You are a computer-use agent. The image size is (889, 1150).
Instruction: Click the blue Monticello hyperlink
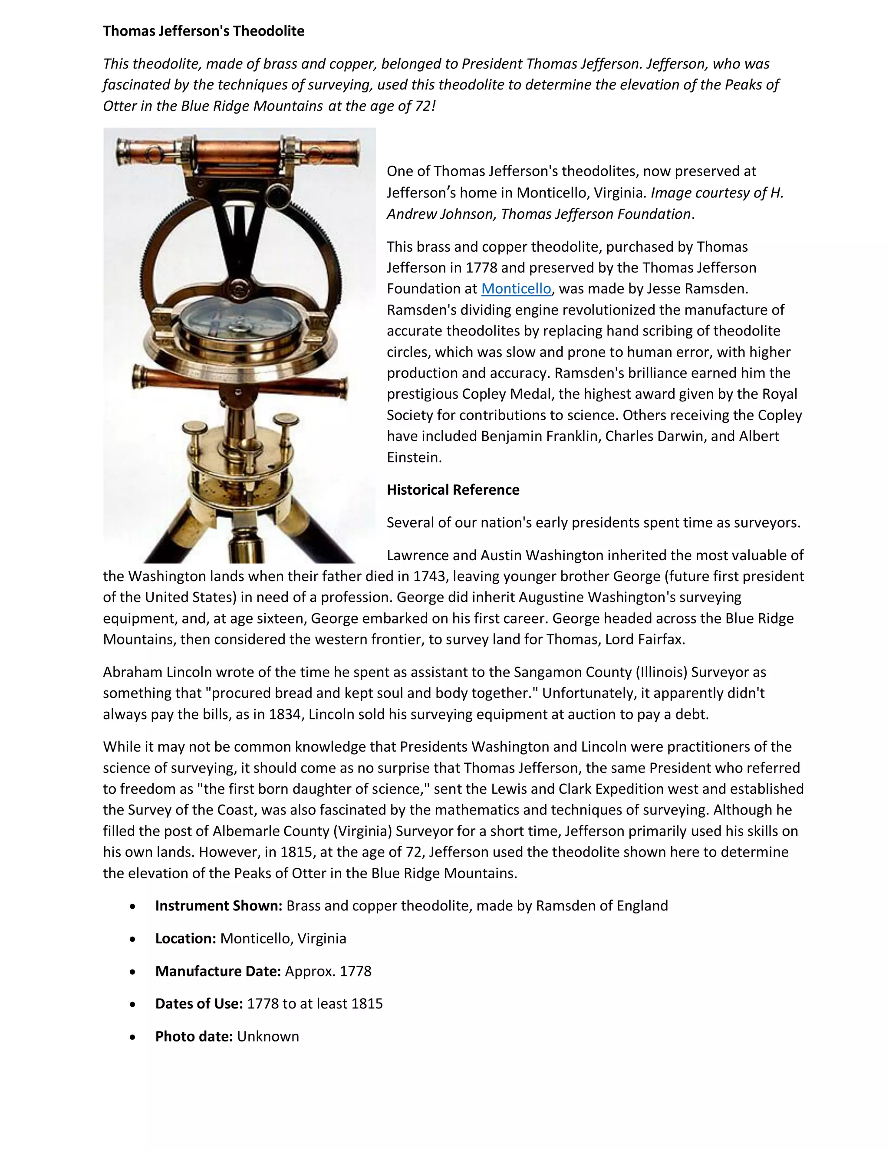click(x=516, y=289)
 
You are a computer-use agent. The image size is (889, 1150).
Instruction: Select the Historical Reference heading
click(x=453, y=490)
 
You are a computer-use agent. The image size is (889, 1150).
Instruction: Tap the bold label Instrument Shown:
click(x=219, y=906)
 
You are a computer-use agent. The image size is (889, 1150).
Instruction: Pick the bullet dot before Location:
click(x=133, y=939)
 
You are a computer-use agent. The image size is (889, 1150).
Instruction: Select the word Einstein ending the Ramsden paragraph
click(x=413, y=457)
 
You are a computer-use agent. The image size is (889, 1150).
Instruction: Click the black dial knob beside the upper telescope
click(x=277, y=195)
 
